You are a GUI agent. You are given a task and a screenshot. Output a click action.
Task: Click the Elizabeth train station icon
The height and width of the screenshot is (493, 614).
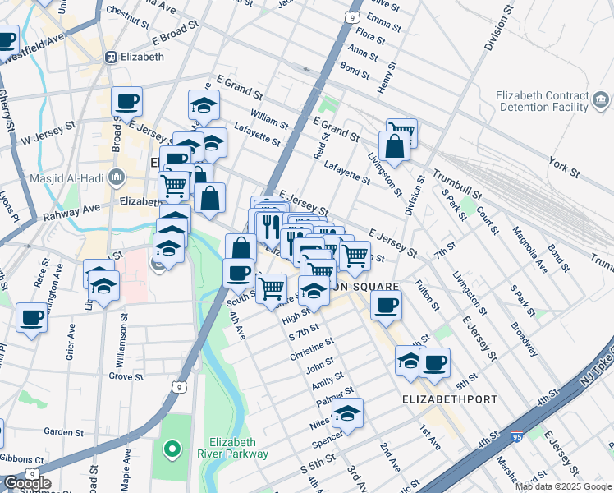tap(111, 58)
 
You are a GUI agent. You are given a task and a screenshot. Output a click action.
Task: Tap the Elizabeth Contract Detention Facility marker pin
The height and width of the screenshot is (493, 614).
tap(602, 102)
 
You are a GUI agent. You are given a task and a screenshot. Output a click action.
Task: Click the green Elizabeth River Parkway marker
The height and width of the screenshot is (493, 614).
tap(172, 449)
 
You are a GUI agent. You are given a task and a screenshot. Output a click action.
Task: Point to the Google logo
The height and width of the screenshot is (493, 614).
tap(27, 483)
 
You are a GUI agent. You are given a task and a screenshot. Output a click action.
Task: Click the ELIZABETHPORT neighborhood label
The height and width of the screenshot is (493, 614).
tap(449, 399)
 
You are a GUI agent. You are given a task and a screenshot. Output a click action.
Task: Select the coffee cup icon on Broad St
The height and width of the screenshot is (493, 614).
tap(126, 102)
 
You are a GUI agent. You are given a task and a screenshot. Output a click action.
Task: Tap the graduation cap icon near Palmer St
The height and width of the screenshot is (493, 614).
tap(347, 413)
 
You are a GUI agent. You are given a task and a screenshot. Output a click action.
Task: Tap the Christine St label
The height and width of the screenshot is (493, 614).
tap(312, 348)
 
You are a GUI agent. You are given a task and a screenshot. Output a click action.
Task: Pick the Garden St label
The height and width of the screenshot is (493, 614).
tap(59, 431)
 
